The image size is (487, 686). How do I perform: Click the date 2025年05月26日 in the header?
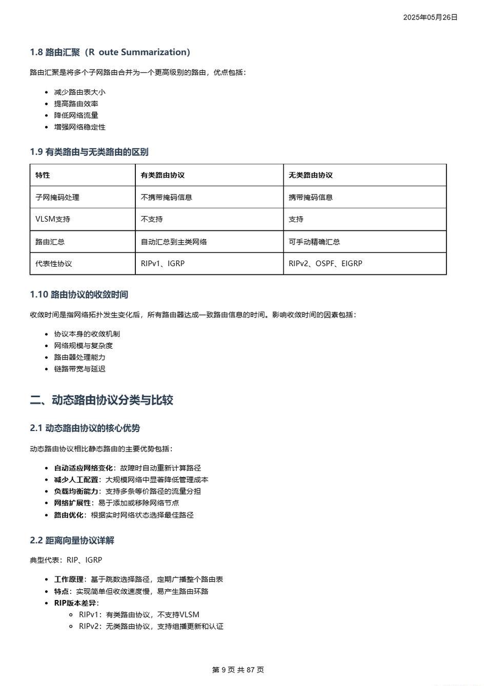coord(430,17)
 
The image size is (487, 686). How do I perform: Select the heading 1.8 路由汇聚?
coord(110,52)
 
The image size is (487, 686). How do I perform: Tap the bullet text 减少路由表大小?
coord(79,92)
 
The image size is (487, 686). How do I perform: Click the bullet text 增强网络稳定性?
coord(79,127)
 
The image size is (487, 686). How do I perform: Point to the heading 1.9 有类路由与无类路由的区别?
coord(89,152)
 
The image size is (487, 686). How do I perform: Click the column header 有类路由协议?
coord(163,175)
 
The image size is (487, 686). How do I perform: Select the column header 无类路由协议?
coord(310,175)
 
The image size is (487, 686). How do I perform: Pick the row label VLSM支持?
coord(53,219)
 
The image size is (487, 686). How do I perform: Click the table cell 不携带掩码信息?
coord(166,198)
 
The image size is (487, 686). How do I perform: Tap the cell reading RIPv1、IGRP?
coord(163,264)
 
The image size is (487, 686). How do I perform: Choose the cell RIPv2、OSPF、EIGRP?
coord(325,264)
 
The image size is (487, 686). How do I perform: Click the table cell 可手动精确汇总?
coord(314,242)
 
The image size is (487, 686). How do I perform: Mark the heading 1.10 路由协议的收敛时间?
coord(79,295)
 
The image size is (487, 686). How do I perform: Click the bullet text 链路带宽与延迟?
coord(79,369)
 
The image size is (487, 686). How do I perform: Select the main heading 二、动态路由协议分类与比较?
coord(102,400)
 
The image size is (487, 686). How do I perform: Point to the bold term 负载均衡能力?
coord(76,491)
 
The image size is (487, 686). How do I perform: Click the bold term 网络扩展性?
coord(72,503)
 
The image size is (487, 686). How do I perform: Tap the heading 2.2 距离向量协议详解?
coord(72,541)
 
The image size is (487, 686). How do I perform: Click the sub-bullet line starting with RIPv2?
coord(151,627)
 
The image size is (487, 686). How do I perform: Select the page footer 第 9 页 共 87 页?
coord(238,670)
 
